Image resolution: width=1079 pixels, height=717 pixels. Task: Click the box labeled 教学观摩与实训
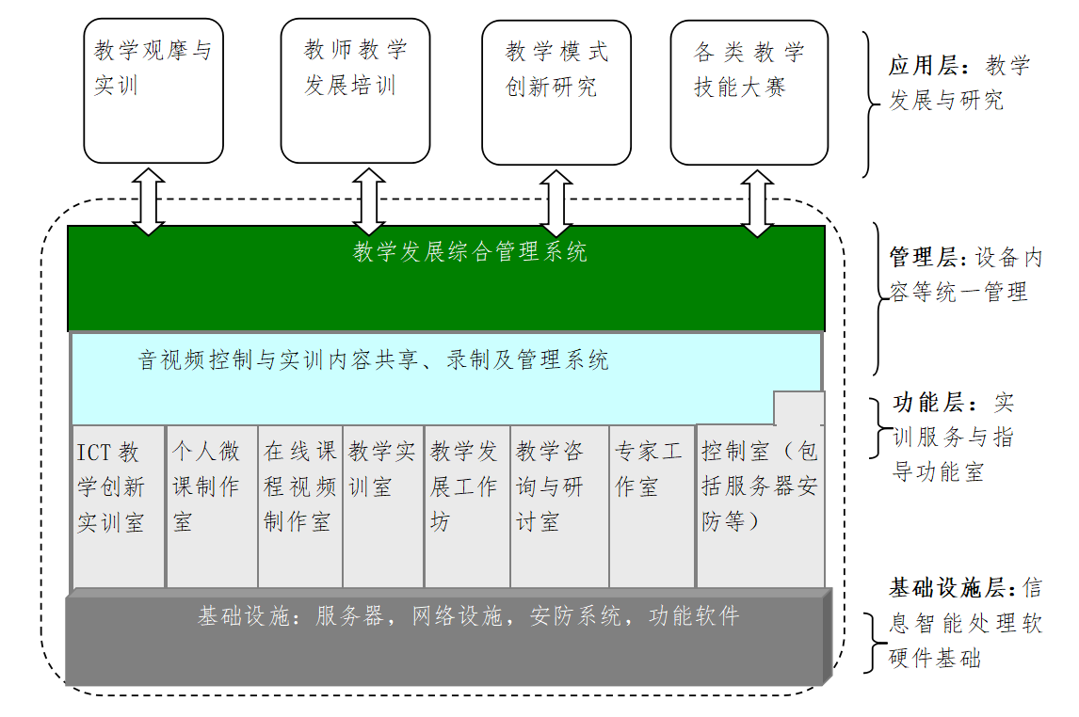153,90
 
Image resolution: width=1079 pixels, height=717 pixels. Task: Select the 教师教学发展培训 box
355,90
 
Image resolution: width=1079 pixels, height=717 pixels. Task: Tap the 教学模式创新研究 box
556,92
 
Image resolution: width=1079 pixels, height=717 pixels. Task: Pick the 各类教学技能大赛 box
749,92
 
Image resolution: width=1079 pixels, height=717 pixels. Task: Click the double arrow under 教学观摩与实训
149,201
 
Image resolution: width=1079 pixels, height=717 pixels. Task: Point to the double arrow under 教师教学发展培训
369,201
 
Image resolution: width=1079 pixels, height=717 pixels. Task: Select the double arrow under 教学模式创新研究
556,203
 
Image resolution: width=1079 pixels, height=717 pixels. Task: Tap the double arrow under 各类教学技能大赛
757,203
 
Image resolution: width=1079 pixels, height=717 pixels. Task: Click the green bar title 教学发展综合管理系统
470,251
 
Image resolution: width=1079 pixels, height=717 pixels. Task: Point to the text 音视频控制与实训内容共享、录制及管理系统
374,359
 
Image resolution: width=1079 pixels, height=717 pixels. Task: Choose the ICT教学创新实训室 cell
119,506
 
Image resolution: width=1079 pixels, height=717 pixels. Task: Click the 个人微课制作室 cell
212,506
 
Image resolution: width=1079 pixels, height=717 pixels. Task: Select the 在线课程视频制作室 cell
300,506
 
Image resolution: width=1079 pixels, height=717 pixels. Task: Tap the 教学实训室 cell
383,506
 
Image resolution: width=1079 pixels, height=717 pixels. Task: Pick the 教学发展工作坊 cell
467,506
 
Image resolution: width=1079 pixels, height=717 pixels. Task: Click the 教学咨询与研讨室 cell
559,506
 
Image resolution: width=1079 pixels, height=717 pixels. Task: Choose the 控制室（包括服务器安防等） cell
761,506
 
